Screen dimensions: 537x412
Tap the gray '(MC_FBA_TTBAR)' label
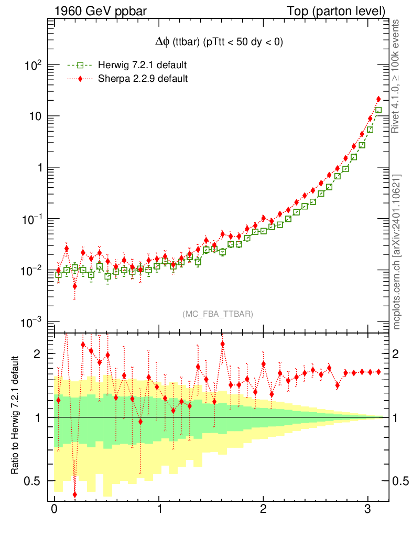click(218, 314)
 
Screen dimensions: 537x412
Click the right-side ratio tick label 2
click(401, 354)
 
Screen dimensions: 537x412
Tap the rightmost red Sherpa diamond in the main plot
click(378, 99)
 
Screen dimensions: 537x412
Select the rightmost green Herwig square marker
click(378, 111)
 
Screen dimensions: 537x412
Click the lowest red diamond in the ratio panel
click(75, 495)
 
